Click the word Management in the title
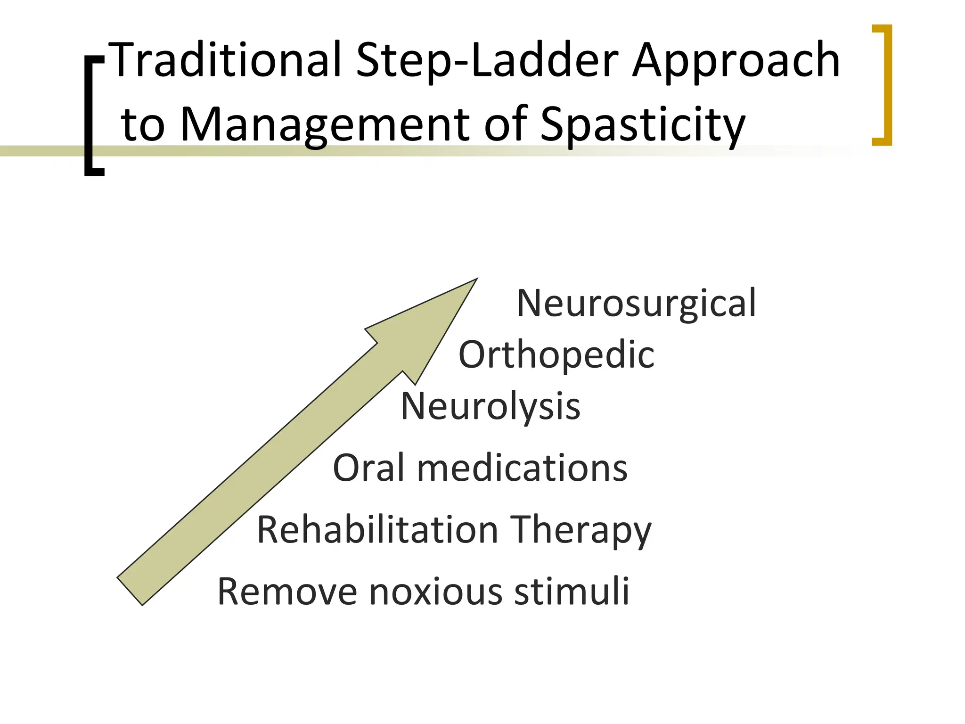coord(325,125)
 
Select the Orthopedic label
coord(556,355)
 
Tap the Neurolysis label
coord(490,406)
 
